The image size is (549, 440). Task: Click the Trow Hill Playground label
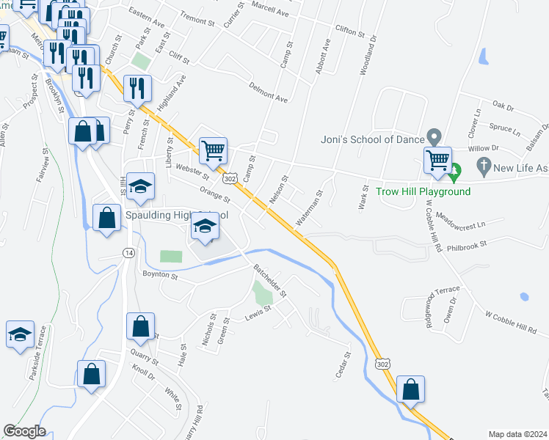(x=423, y=192)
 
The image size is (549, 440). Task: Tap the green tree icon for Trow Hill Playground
(x=454, y=173)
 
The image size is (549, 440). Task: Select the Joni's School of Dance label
(x=373, y=139)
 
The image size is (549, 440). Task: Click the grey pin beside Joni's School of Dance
(x=434, y=137)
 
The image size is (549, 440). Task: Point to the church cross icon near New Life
(x=483, y=168)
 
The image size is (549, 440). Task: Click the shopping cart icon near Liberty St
(x=213, y=152)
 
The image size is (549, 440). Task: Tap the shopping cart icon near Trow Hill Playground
(x=437, y=159)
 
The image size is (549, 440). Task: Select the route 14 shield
(x=129, y=252)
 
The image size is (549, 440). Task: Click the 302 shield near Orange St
(x=230, y=179)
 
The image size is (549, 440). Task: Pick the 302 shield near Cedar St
(x=382, y=364)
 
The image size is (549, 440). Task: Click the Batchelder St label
(x=270, y=282)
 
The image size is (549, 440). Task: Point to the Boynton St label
(x=160, y=276)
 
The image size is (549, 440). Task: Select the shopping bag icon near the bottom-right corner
(x=411, y=389)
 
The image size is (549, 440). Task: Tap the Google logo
(x=24, y=431)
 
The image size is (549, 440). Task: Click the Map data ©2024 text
(x=517, y=434)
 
